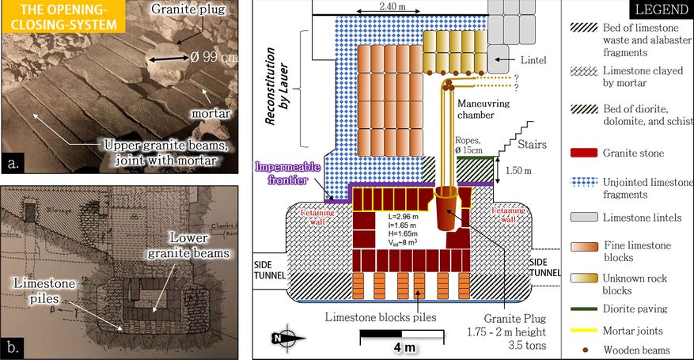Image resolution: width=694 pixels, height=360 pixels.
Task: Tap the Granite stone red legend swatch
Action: pos(582,153)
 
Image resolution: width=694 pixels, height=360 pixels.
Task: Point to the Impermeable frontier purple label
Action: pos(287,176)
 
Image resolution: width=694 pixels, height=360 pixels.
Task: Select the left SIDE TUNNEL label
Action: pos(264,267)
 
